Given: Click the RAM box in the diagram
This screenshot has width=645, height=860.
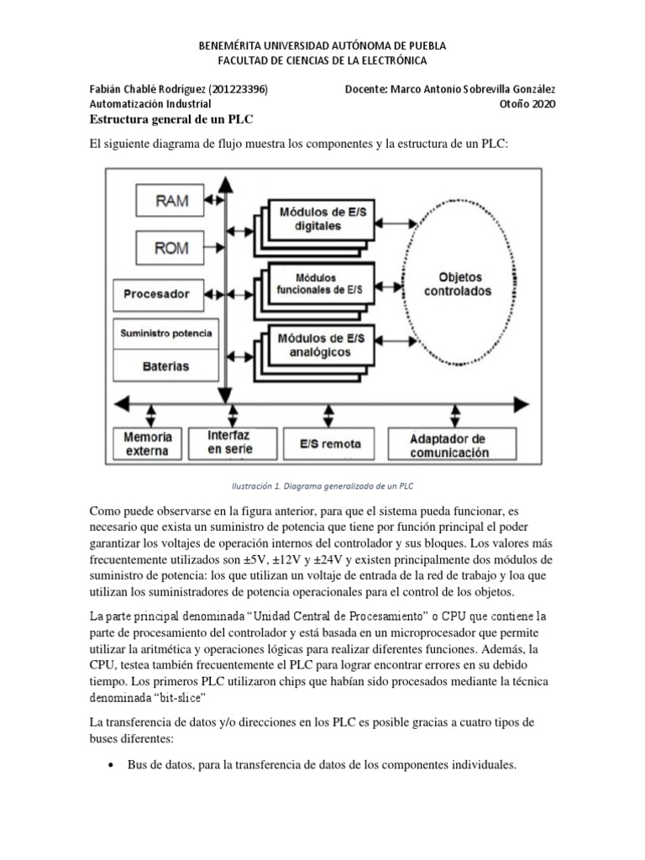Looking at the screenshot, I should point(172,201).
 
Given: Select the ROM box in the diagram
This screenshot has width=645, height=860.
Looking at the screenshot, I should point(172,249).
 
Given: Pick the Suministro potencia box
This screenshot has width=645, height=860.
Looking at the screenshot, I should point(165,333).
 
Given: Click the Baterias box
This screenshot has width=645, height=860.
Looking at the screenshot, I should point(165,366).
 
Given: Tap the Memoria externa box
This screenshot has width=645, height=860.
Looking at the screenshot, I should point(149,444).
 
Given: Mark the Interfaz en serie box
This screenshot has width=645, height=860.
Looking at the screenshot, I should point(228,444).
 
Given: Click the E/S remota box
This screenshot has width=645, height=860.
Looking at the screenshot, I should point(323,444).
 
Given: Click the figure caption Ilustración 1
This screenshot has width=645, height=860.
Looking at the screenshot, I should point(322,485).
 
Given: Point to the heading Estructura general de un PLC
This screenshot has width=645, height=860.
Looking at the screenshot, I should point(170,119).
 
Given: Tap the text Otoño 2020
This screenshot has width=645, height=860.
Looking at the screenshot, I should point(527,104).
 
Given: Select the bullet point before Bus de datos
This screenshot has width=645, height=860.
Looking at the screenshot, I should point(112,766).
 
